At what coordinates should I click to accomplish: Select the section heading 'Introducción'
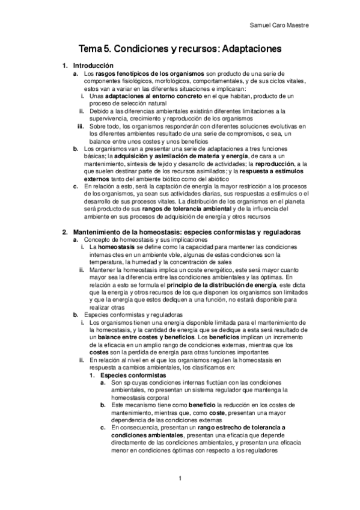tap(93, 65)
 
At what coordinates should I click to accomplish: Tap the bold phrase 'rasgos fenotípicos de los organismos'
tap(150, 73)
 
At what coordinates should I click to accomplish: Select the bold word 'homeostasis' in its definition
tap(117, 247)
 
